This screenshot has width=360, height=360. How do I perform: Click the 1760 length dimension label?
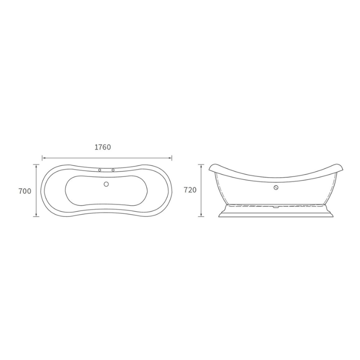click(103, 147)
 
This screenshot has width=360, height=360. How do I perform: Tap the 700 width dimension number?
click(25, 191)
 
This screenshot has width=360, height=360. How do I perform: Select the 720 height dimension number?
click(190, 190)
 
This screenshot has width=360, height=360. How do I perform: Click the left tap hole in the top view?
click(99, 170)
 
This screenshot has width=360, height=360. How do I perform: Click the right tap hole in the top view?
click(113, 170)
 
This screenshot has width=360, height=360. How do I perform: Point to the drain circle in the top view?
click(106, 184)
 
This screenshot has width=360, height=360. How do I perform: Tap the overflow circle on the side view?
click(276, 187)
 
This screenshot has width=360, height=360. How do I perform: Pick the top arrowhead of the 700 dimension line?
click(36, 166)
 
